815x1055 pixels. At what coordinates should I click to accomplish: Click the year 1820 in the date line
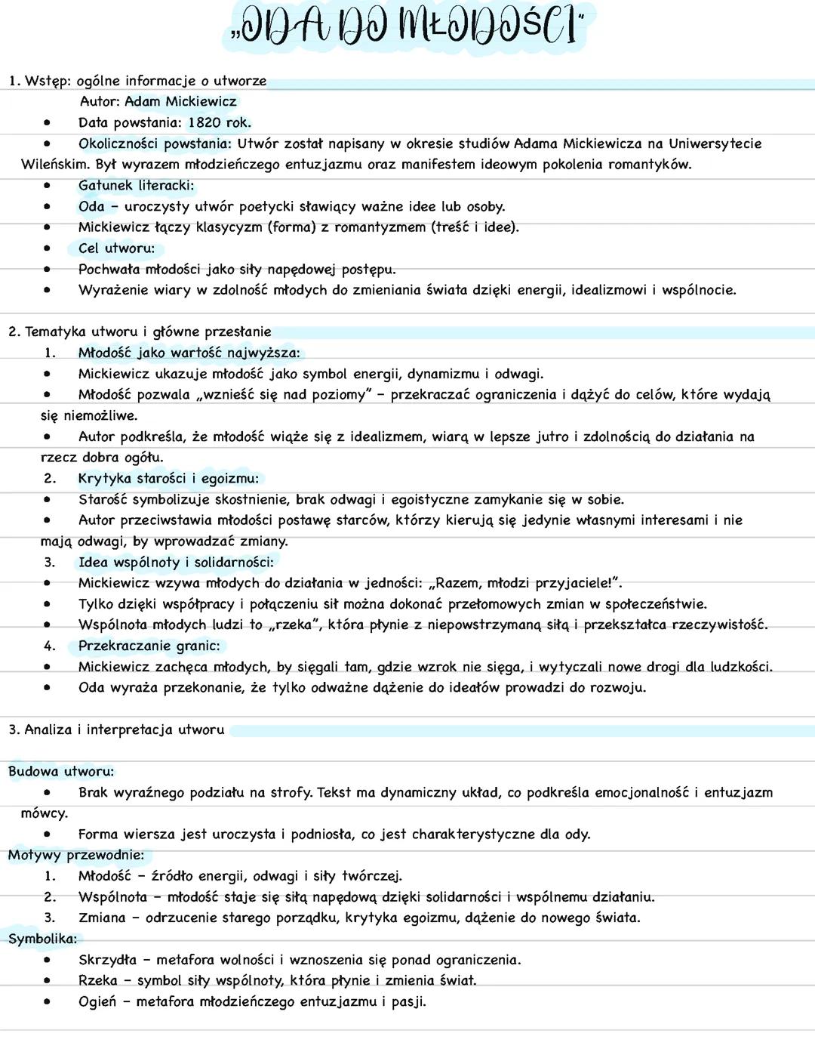pyautogui.click(x=205, y=123)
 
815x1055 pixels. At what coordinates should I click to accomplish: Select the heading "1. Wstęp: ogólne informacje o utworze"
pyautogui.click(x=137, y=81)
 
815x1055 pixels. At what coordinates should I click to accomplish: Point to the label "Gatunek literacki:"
pyautogui.click(x=136, y=186)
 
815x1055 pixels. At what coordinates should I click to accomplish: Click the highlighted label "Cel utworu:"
pyautogui.click(x=116, y=248)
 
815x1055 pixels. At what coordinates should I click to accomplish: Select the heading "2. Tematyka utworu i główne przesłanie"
pyautogui.click(x=140, y=332)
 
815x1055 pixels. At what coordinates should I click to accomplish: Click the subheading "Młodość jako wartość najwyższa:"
pyautogui.click(x=189, y=353)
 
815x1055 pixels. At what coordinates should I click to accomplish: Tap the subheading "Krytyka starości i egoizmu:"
pyautogui.click(x=168, y=478)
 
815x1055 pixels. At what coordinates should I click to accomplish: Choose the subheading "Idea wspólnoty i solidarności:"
pyautogui.click(x=176, y=563)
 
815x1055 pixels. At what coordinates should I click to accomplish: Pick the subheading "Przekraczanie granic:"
pyautogui.click(x=149, y=646)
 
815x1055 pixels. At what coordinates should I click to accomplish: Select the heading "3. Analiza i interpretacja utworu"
pyautogui.click(x=117, y=730)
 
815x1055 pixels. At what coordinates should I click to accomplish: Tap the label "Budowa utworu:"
pyautogui.click(x=61, y=772)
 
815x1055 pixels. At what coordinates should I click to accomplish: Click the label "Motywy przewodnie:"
pyautogui.click(x=75, y=855)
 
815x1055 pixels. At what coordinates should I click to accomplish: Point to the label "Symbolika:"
pyautogui.click(x=42, y=939)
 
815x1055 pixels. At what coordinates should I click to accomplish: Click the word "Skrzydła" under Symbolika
pyautogui.click(x=107, y=961)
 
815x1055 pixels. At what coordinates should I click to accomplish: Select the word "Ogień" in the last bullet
pyautogui.click(x=97, y=1002)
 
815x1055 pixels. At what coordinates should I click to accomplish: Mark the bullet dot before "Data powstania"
pyautogui.click(x=48, y=123)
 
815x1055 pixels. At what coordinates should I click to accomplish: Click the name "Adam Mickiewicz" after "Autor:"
pyautogui.click(x=180, y=102)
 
